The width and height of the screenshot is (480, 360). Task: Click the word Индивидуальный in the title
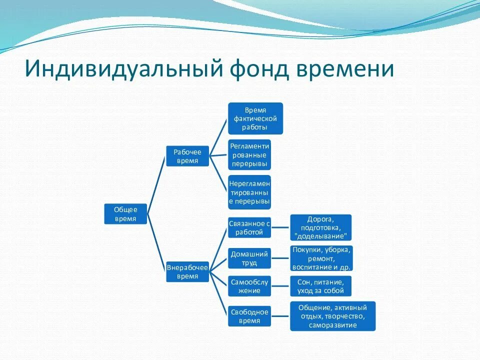pos(120,69)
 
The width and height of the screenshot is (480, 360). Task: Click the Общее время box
pos(125,214)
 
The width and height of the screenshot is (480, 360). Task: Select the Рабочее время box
pos(187,156)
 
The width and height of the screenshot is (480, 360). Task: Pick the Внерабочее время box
pos(187,271)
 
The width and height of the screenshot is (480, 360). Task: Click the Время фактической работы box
pos(255,118)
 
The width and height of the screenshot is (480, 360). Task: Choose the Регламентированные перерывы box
pos(249,154)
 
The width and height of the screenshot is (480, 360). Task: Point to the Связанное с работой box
pos(249,227)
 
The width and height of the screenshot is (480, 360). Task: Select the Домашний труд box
pos(249,258)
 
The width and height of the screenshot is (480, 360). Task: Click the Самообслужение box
pos(249,286)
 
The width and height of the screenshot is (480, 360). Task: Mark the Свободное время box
pos(249,316)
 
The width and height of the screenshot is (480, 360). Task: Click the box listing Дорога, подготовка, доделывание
pos(321,227)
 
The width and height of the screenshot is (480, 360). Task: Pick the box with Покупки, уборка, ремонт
pos(321,258)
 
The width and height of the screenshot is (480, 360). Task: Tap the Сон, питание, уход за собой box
pos(320,286)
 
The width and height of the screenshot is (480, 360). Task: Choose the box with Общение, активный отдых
pos(332,316)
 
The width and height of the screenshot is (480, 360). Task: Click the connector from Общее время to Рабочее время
pos(156,185)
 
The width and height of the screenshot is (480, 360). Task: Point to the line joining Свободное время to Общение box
pos(280,316)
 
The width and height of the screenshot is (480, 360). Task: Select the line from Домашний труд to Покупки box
pos(280,258)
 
